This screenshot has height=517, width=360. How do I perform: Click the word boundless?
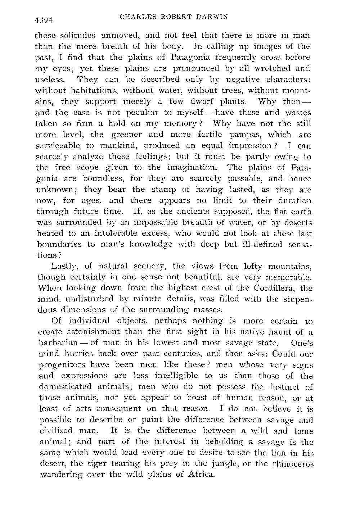[99, 178]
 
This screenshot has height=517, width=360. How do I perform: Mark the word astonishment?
[94, 332]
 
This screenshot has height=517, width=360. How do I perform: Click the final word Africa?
[201, 475]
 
